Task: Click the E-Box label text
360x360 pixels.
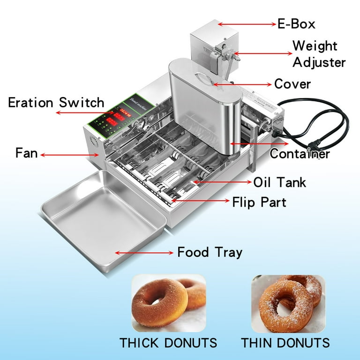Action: [x=296, y=23]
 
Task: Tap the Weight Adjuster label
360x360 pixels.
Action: [x=318, y=54]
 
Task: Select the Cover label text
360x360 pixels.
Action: [x=292, y=84]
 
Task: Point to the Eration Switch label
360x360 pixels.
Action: [x=56, y=102]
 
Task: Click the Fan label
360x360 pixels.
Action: [x=26, y=153]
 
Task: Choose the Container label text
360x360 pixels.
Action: [x=300, y=153]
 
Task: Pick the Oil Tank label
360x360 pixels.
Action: [x=279, y=182]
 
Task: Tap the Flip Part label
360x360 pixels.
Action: [x=259, y=202]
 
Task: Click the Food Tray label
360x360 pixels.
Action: [x=210, y=252]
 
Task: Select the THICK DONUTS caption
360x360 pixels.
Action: [x=168, y=342]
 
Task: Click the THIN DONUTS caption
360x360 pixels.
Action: [x=285, y=342]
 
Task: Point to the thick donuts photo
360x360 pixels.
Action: [x=168, y=303]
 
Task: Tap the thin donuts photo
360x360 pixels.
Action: [x=288, y=303]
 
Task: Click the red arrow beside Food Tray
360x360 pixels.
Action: [x=144, y=253]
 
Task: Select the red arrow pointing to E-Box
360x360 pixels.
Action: [x=246, y=23]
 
